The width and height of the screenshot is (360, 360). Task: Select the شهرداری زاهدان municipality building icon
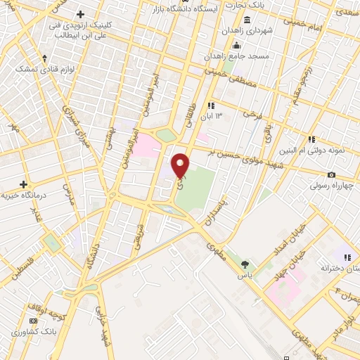[226, 30]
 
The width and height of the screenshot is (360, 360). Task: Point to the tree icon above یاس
[244, 264]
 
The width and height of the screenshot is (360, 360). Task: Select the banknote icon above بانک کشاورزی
[14, 331]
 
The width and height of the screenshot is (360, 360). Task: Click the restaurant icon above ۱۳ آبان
[210, 105]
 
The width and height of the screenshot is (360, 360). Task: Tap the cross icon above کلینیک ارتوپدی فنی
[80, 14]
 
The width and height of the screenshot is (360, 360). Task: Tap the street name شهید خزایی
[103, 328]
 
